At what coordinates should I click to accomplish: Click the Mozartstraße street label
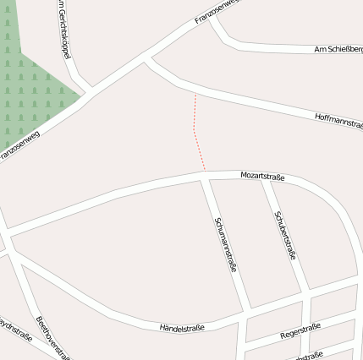262,177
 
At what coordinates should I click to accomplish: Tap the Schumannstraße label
226,245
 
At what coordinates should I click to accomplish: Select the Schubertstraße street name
285,234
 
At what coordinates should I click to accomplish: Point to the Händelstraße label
182,327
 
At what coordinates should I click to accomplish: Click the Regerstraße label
300,331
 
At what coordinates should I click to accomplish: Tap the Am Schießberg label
338,49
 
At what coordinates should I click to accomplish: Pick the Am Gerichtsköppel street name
63,30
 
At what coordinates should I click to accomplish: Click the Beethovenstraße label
52,337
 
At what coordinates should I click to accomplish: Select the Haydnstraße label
15,330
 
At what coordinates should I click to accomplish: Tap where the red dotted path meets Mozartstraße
204,172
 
